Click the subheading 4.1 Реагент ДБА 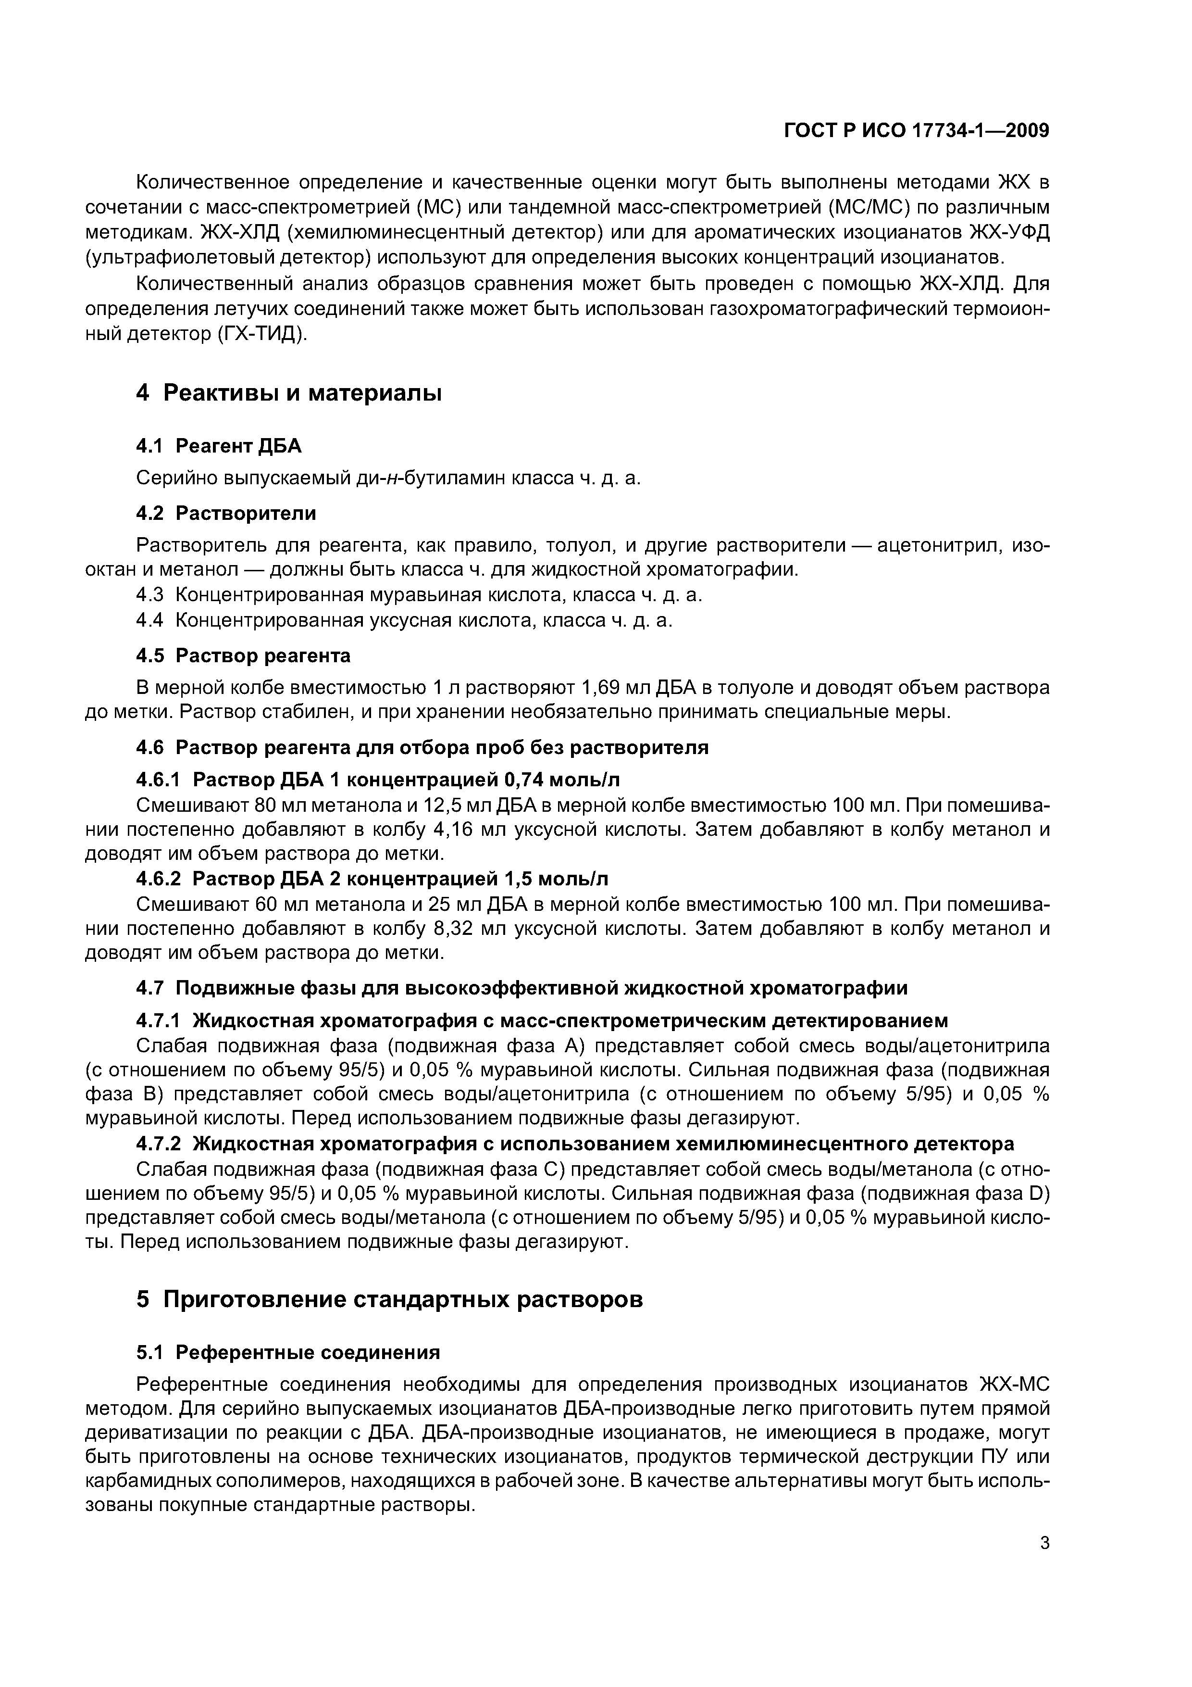point(218,446)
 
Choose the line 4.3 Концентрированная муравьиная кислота point(419,594)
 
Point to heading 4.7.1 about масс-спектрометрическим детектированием point(542,1020)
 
